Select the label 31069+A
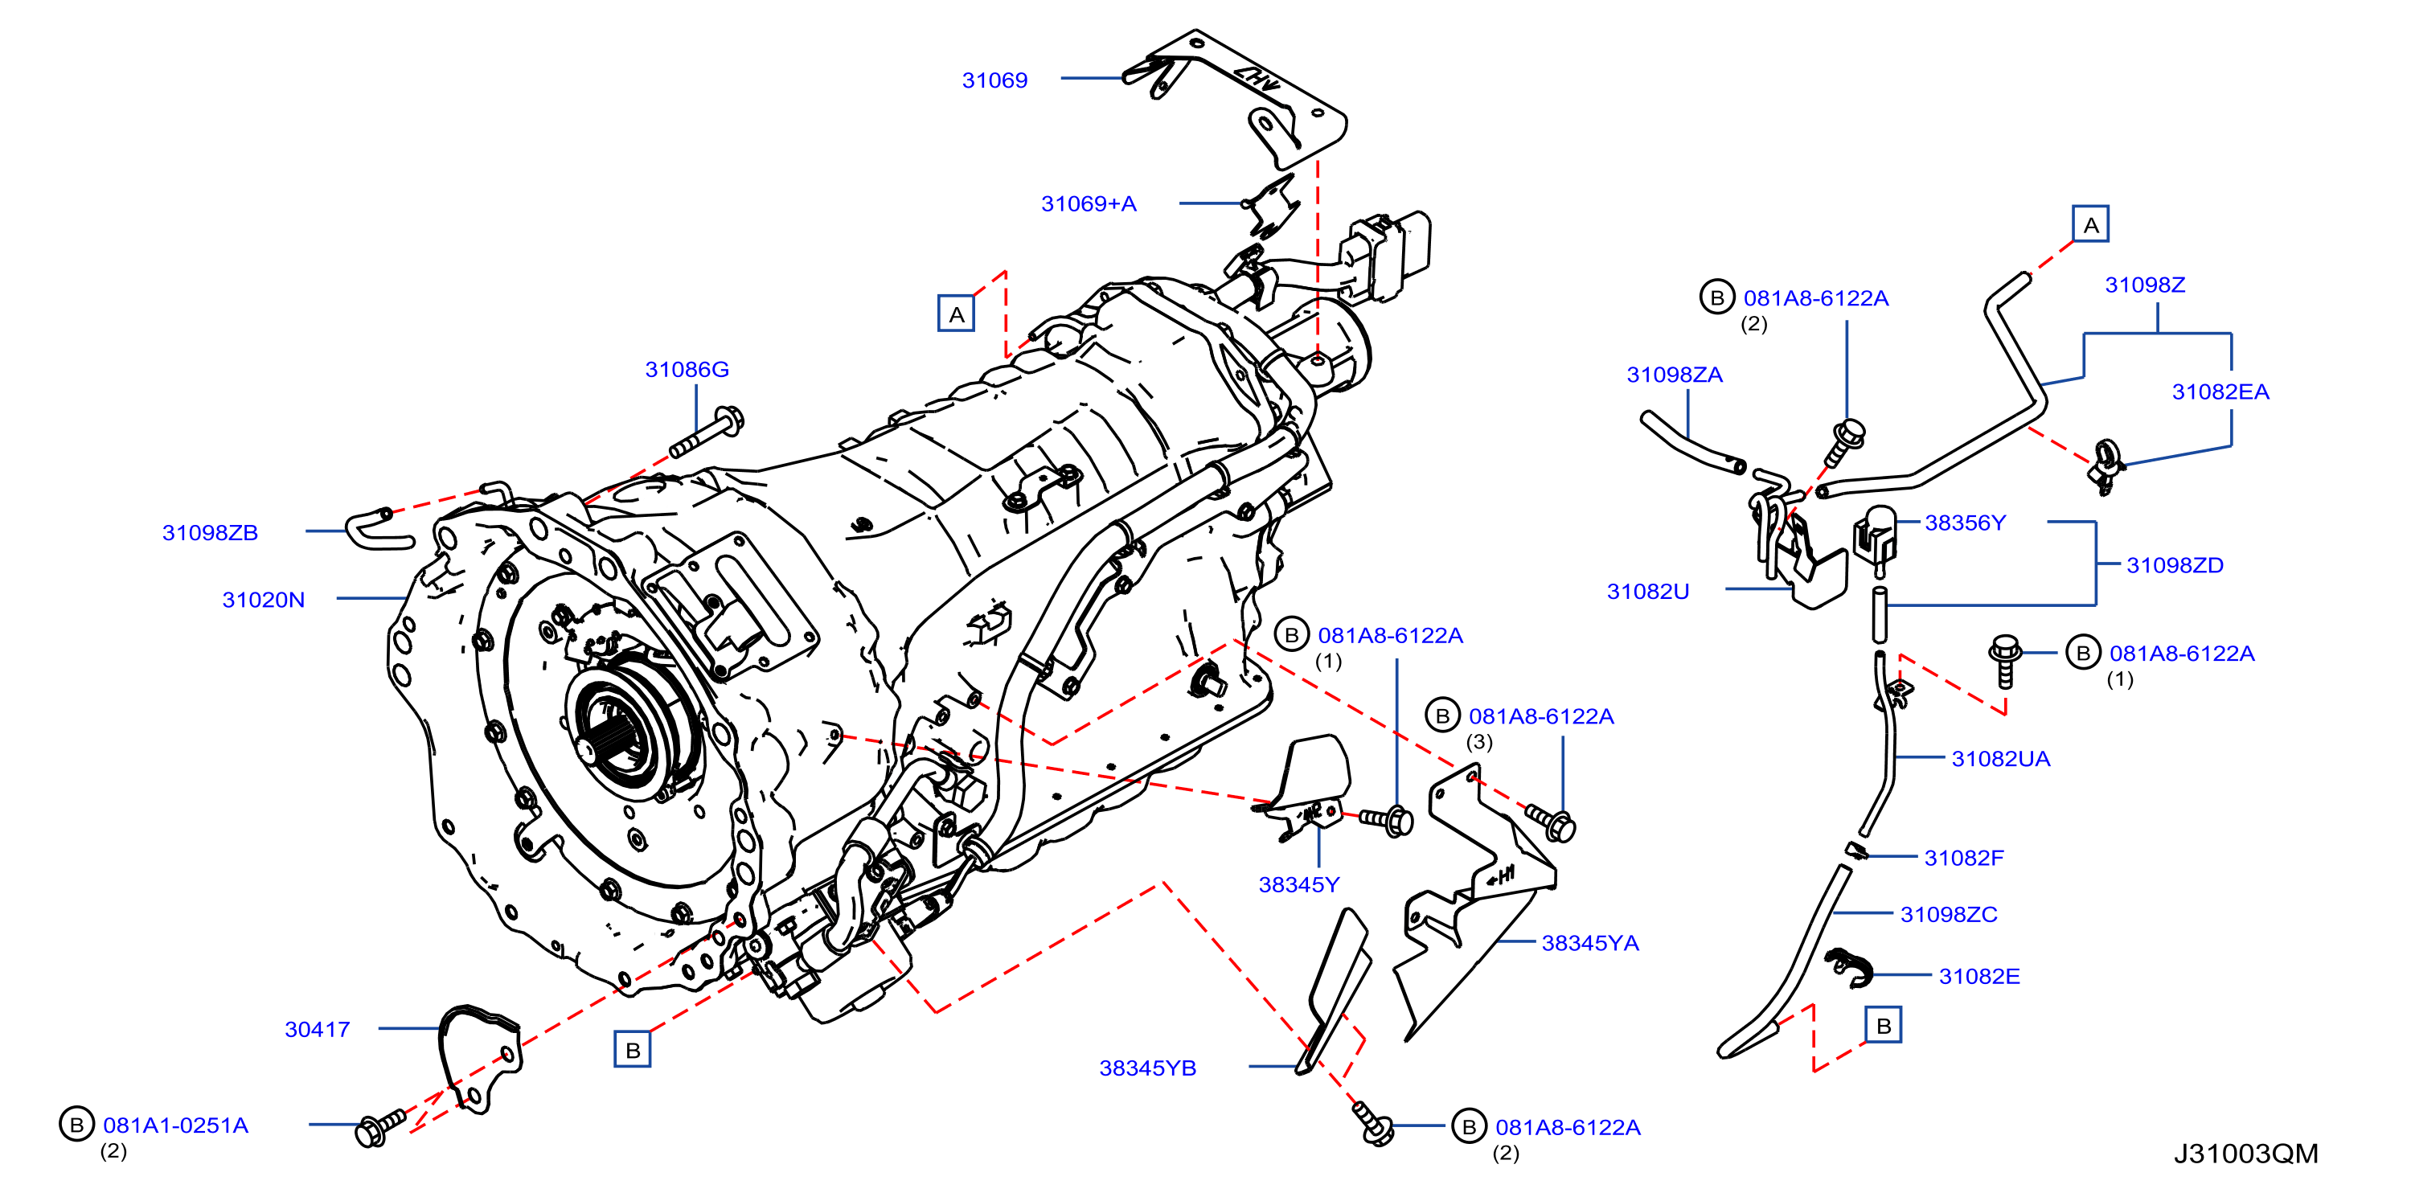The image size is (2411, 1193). coord(1089,204)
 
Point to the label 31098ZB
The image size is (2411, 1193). coord(210,532)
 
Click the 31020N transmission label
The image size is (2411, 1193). coord(263,600)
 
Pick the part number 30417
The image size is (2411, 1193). coord(318,1029)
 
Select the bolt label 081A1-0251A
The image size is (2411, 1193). coord(176,1125)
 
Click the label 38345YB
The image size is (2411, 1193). coord(1147,1068)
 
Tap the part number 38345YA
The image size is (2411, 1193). coord(1590,943)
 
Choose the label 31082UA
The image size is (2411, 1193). coord(2000,759)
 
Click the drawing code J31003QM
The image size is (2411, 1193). coord(2245,1154)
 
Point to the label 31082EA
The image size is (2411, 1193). coord(2220,392)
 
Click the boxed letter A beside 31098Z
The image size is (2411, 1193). coord(2090,224)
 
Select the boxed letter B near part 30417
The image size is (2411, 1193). coord(633,1050)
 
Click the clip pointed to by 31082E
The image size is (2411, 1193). coord(1847,967)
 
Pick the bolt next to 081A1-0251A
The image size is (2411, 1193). coord(380,1128)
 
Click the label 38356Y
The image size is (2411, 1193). coord(1965,523)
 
